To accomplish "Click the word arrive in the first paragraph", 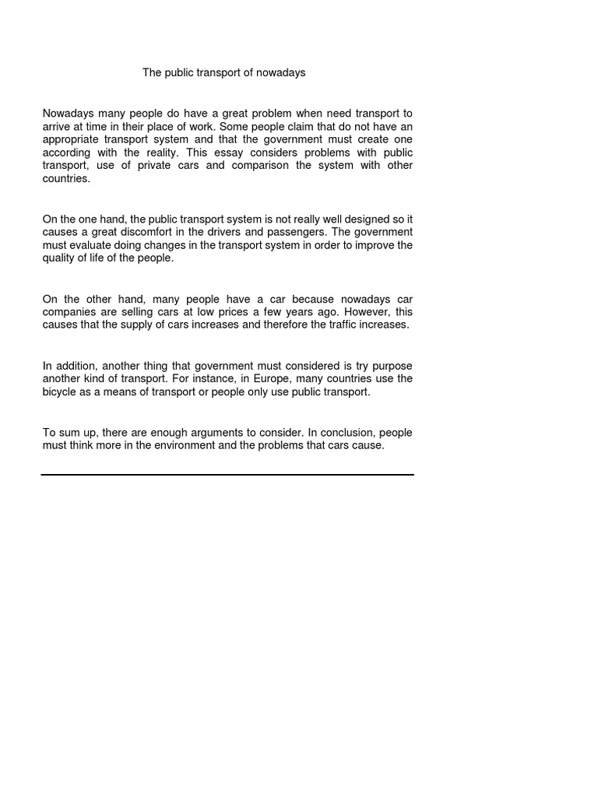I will [58, 126].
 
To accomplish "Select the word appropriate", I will [72, 139].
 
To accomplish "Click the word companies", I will [70, 312].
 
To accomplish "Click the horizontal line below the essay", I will [227, 474].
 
